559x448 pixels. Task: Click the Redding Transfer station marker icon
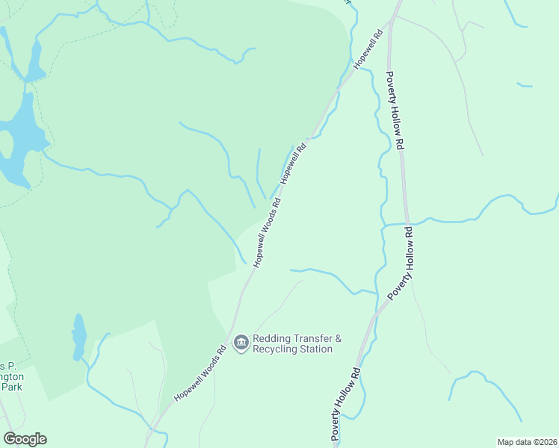(241, 343)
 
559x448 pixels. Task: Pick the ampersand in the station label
(338, 338)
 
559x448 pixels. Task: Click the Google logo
(25, 439)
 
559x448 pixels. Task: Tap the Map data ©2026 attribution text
(526, 441)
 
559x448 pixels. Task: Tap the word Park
(13, 388)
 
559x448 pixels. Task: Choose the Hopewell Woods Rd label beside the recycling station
(201, 373)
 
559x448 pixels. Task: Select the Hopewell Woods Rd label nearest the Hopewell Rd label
(267, 231)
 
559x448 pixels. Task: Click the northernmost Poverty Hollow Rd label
(395, 111)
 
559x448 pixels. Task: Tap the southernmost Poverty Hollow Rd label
(347, 403)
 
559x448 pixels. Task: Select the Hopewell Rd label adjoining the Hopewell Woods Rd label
(294, 164)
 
